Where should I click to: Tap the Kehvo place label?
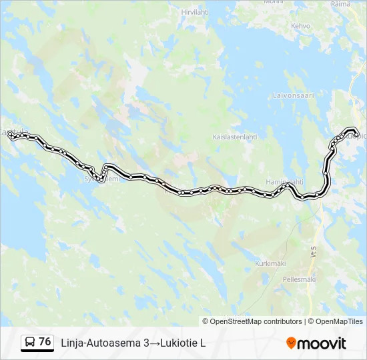click(x=300, y=26)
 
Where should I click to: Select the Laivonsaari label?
click(x=293, y=95)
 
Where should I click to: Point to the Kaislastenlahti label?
click(x=234, y=137)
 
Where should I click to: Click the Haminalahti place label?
click(x=285, y=181)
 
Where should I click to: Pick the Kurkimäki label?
click(x=270, y=263)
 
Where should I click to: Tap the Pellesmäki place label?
click(x=300, y=279)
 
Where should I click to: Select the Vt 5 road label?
click(x=313, y=253)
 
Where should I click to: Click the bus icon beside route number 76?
click(x=30, y=343)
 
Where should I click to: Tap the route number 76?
click(x=45, y=342)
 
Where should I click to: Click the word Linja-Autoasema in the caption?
click(x=101, y=343)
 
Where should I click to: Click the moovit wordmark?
click(x=322, y=343)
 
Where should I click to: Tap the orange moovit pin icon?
click(x=291, y=343)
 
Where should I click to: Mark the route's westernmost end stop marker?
click(x=11, y=135)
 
